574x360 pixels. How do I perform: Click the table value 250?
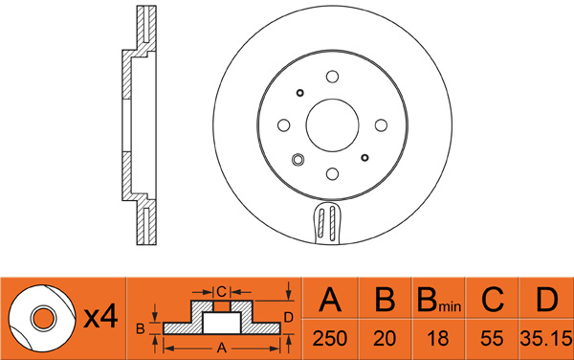(329, 338)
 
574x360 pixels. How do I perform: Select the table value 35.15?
(546, 338)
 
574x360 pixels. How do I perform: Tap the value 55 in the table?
(492, 338)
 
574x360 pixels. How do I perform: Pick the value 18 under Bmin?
(438, 338)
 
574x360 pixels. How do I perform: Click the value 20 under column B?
(385, 338)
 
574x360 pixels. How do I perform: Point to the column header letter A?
(330, 300)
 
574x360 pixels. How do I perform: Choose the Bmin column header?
(439, 301)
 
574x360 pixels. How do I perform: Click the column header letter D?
(546, 300)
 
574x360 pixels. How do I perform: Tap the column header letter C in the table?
(493, 300)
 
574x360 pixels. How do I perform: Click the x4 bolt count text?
(100, 316)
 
